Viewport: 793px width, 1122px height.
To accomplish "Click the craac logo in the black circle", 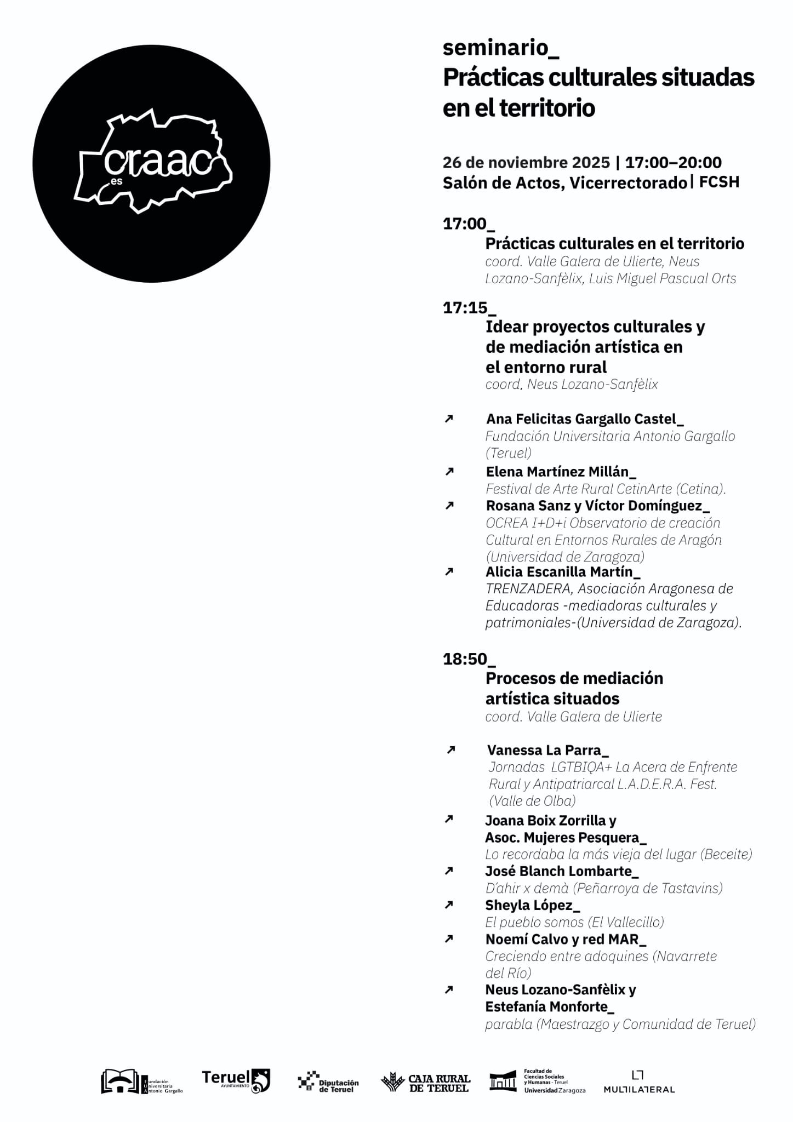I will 153,162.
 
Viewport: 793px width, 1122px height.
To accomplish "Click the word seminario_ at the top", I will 500,48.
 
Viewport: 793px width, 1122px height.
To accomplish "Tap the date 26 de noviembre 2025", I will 526,163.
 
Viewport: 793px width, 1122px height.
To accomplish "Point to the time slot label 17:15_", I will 469,308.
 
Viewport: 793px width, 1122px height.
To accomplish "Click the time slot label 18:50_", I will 469,659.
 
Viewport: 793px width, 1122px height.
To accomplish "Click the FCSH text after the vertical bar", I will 719,182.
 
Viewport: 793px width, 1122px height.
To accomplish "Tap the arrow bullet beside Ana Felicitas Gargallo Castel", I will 449,419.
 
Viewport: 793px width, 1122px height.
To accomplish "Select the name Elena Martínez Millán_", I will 561,472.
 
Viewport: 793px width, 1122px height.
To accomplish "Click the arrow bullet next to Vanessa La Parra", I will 450,750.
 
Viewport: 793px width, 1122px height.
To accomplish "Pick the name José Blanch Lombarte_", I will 562,871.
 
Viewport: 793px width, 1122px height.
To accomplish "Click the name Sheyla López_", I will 532,905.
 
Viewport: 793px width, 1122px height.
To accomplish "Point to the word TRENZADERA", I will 529,589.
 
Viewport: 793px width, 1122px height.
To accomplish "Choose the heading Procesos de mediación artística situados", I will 574,688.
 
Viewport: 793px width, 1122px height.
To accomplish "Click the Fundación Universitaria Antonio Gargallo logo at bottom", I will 141,1081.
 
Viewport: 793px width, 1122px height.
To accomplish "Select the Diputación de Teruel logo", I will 328,1082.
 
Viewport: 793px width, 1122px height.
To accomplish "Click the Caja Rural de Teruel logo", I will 426,1082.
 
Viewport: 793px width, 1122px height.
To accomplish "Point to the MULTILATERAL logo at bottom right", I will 639,1082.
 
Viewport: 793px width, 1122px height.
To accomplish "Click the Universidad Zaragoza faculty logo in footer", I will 537,1081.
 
